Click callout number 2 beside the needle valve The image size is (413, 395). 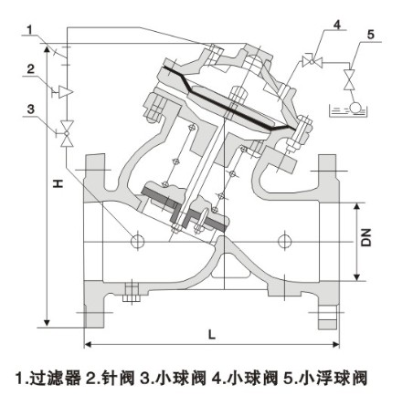click(x=30, y=68)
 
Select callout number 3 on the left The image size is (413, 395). click(x=30, y=109)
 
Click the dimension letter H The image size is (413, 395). click(x=57, y=183)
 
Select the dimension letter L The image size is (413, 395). click(x=212, y=334)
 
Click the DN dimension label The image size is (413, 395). click(x=365, y=239)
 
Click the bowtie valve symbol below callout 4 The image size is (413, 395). click(x=311, y=61)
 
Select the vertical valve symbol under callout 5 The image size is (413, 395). click(x=348, y=84)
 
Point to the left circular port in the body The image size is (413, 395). click(x=137, y=241)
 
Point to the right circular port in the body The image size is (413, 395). click(x=287, y=241)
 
